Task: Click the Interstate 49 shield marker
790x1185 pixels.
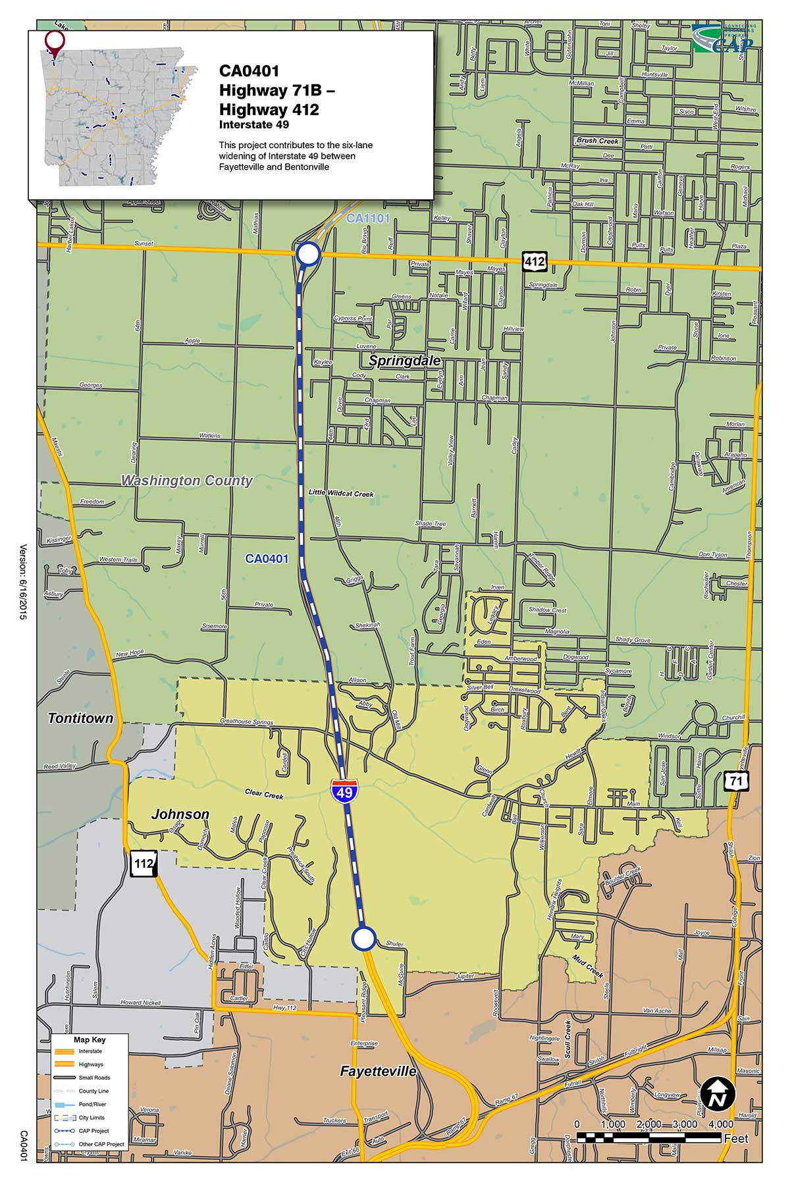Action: click(x=344, y=789)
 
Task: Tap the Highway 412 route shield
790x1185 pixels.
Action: click(x=534, y=261)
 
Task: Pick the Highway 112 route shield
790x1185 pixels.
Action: click(x=143, y=863)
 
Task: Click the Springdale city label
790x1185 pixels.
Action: click(x=404, y=361)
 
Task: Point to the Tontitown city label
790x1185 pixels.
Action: click(x=80, y=718)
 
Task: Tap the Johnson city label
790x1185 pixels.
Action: click(x=180, y=814)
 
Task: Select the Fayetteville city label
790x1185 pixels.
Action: click(x=378, y=1071)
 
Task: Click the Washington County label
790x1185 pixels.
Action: click(x=186, y=481)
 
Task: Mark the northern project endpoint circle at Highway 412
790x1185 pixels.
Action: click(x=308, y=253)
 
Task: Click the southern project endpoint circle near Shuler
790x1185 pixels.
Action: click(x=363, y=938)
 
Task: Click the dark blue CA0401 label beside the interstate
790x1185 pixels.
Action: click(x=267, y=559)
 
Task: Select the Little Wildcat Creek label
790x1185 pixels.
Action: click(x=340, y=493)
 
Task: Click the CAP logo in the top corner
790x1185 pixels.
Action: click(x=725, y=39)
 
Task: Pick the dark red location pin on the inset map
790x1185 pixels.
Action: click(x=55, y=42)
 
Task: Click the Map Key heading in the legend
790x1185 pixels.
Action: click(x=90, y=1040)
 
